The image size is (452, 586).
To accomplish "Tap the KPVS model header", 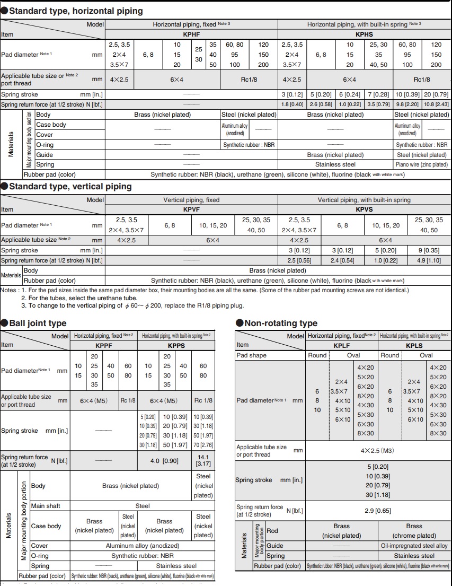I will click(364, 209).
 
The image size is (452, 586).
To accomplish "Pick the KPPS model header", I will click(175, 345).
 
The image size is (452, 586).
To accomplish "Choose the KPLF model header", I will click(341, 345).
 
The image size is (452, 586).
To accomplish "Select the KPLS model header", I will click(414, 345).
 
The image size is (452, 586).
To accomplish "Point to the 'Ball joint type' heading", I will click(38, 323).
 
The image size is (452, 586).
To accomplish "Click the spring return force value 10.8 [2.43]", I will click(436, 104).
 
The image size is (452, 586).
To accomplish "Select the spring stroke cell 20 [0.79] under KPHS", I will click(436, 94).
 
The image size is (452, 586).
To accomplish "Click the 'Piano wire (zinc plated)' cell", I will click(422, 164).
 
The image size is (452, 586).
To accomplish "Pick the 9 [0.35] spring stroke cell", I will click(429, 250).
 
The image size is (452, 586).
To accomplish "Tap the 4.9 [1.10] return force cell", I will click(429, 260).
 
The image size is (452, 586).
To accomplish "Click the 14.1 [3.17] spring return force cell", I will click(203, 460).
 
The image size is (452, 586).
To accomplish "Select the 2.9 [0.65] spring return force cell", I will click(377, 511).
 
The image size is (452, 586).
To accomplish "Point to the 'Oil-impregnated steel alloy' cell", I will click(414, 546).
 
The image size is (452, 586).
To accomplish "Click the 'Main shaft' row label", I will click(46, 506).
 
